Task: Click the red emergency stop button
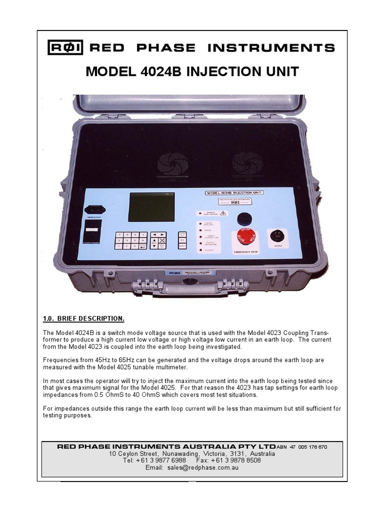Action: (x=244, y=237)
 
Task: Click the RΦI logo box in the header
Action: (x=65, y=47)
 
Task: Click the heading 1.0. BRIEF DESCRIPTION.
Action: (x=83, y=319)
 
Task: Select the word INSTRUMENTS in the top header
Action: (x=271, y=48)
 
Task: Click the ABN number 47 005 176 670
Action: (x=308, y=446)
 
